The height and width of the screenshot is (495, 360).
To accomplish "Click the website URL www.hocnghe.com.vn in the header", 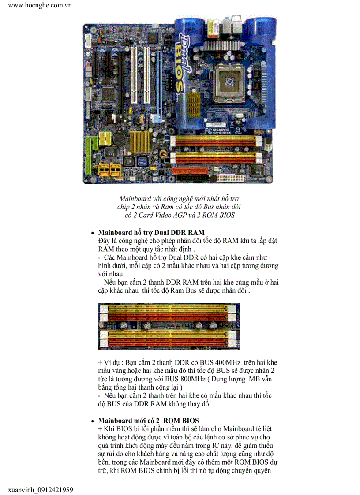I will tap(40, 5).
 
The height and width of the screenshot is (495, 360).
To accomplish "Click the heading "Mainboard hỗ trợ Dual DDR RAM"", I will tap(151, 232).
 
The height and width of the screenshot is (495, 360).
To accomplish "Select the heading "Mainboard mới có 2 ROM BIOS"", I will tap(148, 421).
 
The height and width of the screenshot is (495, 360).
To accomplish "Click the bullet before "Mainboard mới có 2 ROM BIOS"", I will tap(92, 421).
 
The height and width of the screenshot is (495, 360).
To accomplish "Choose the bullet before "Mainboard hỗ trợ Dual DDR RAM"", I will tap(92, 233).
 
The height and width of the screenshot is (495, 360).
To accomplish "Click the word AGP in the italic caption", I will tap(183, 215).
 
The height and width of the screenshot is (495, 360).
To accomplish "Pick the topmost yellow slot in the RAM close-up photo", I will tap(169, 308).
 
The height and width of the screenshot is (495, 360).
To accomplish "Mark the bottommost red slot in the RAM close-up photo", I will tap(169, 342).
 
